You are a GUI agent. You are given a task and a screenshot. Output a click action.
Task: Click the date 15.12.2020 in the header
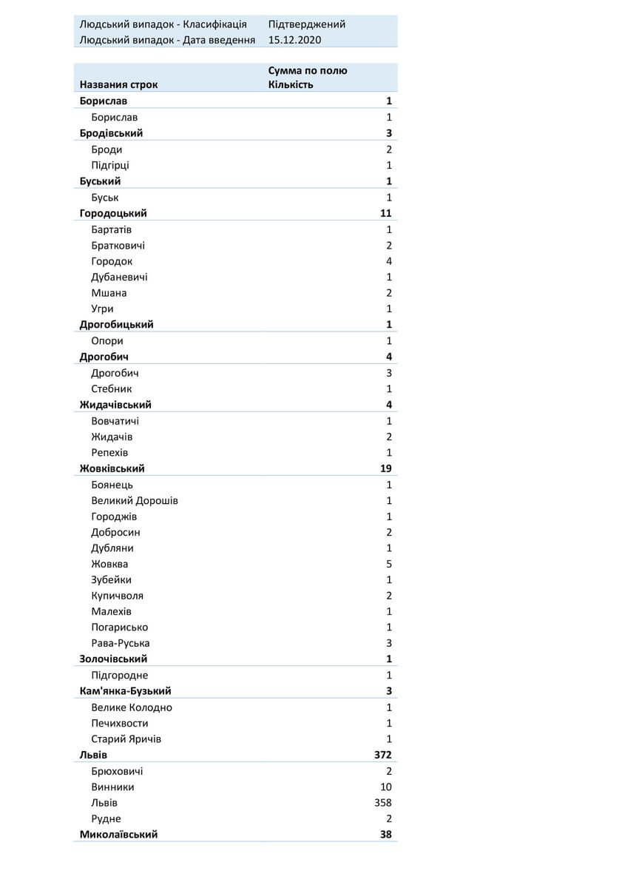click(295, 40)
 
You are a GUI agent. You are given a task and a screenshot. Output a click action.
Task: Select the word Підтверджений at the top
click(306, 24)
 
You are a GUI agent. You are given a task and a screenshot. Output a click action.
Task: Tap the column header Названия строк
click(118, 84)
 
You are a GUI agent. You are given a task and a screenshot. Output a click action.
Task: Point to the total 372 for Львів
click(382, 755)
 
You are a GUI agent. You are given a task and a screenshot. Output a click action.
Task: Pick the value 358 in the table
click(382, 803)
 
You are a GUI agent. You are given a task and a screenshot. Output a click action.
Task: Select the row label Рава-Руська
click(121, 643)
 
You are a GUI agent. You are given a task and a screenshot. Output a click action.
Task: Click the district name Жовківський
click(112, 468)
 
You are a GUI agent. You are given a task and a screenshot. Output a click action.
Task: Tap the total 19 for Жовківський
click(385, 468)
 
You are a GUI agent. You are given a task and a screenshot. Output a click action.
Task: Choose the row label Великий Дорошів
click(135, 501)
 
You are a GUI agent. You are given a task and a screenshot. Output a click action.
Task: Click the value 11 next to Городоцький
click(385, 213)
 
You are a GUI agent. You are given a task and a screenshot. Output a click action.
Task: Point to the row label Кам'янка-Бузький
click(126, 691)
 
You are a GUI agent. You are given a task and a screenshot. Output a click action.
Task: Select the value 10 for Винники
click(385, 787)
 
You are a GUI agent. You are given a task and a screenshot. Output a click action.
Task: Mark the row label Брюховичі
click(117, 771)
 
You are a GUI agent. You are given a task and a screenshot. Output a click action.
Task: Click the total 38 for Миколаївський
click(385, 835)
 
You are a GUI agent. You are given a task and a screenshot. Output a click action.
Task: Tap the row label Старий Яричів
click(126, 739)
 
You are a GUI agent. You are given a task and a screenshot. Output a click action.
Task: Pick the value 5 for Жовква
click(388, 564)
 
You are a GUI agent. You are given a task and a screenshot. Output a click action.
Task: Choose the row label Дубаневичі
click(119, 277)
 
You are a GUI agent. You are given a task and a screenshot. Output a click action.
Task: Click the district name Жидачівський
click(115, 405)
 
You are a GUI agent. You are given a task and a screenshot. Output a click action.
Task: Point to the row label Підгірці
click(110, 165)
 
